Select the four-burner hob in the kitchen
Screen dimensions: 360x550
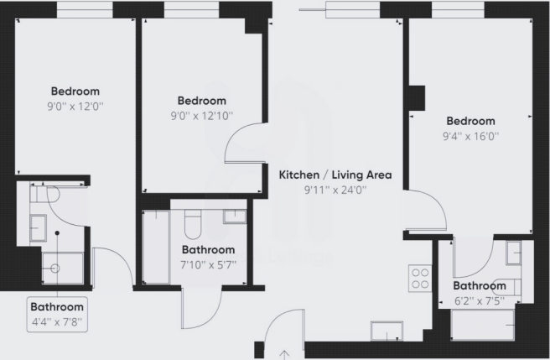click(419, 278)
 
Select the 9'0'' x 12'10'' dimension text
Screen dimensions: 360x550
click(201, 116)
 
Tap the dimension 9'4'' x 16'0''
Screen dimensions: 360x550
click(470, 135)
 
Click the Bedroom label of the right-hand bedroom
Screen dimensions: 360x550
click(470, 121)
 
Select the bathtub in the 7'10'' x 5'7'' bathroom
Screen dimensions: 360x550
click(155, 248)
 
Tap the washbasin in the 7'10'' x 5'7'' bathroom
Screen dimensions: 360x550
click(235, 217)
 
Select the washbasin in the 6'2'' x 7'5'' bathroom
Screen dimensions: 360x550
click(513, 251)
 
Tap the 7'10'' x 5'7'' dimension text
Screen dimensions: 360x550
click(209, 264)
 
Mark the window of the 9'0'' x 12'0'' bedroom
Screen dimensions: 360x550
click(84, 9)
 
